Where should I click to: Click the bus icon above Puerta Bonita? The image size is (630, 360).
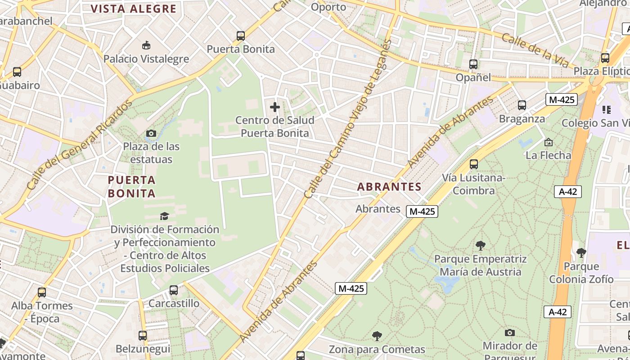pos(241,36)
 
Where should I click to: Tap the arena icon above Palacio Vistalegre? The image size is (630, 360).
pos(146,45)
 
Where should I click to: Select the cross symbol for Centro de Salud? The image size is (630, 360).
pos(275,107)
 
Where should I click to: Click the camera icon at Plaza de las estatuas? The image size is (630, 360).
pos(151,133)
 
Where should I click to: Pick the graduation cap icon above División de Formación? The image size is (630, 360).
pos(164,216)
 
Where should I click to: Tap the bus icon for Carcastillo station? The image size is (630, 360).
pos(174,290)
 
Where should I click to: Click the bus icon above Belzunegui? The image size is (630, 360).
pos(143,336)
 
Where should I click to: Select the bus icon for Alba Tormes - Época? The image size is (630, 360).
pos(42,292)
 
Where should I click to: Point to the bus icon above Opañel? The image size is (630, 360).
pos(473,64)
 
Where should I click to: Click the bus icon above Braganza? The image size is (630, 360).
pos(522,105)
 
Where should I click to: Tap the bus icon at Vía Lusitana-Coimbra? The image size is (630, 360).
pos(473,164)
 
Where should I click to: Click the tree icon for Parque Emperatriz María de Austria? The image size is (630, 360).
pos(480,246)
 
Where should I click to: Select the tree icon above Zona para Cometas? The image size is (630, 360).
pos(377,336)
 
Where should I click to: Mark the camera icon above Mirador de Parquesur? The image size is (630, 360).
pos(509,333)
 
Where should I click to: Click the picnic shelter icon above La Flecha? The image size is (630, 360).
pos(549,142)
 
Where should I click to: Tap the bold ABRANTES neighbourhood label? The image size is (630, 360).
pos(389,187)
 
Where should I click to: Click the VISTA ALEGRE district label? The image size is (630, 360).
pos(133,9)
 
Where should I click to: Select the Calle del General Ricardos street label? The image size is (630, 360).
pos(79,144)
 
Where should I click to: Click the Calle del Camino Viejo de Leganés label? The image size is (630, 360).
pos(348,119)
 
